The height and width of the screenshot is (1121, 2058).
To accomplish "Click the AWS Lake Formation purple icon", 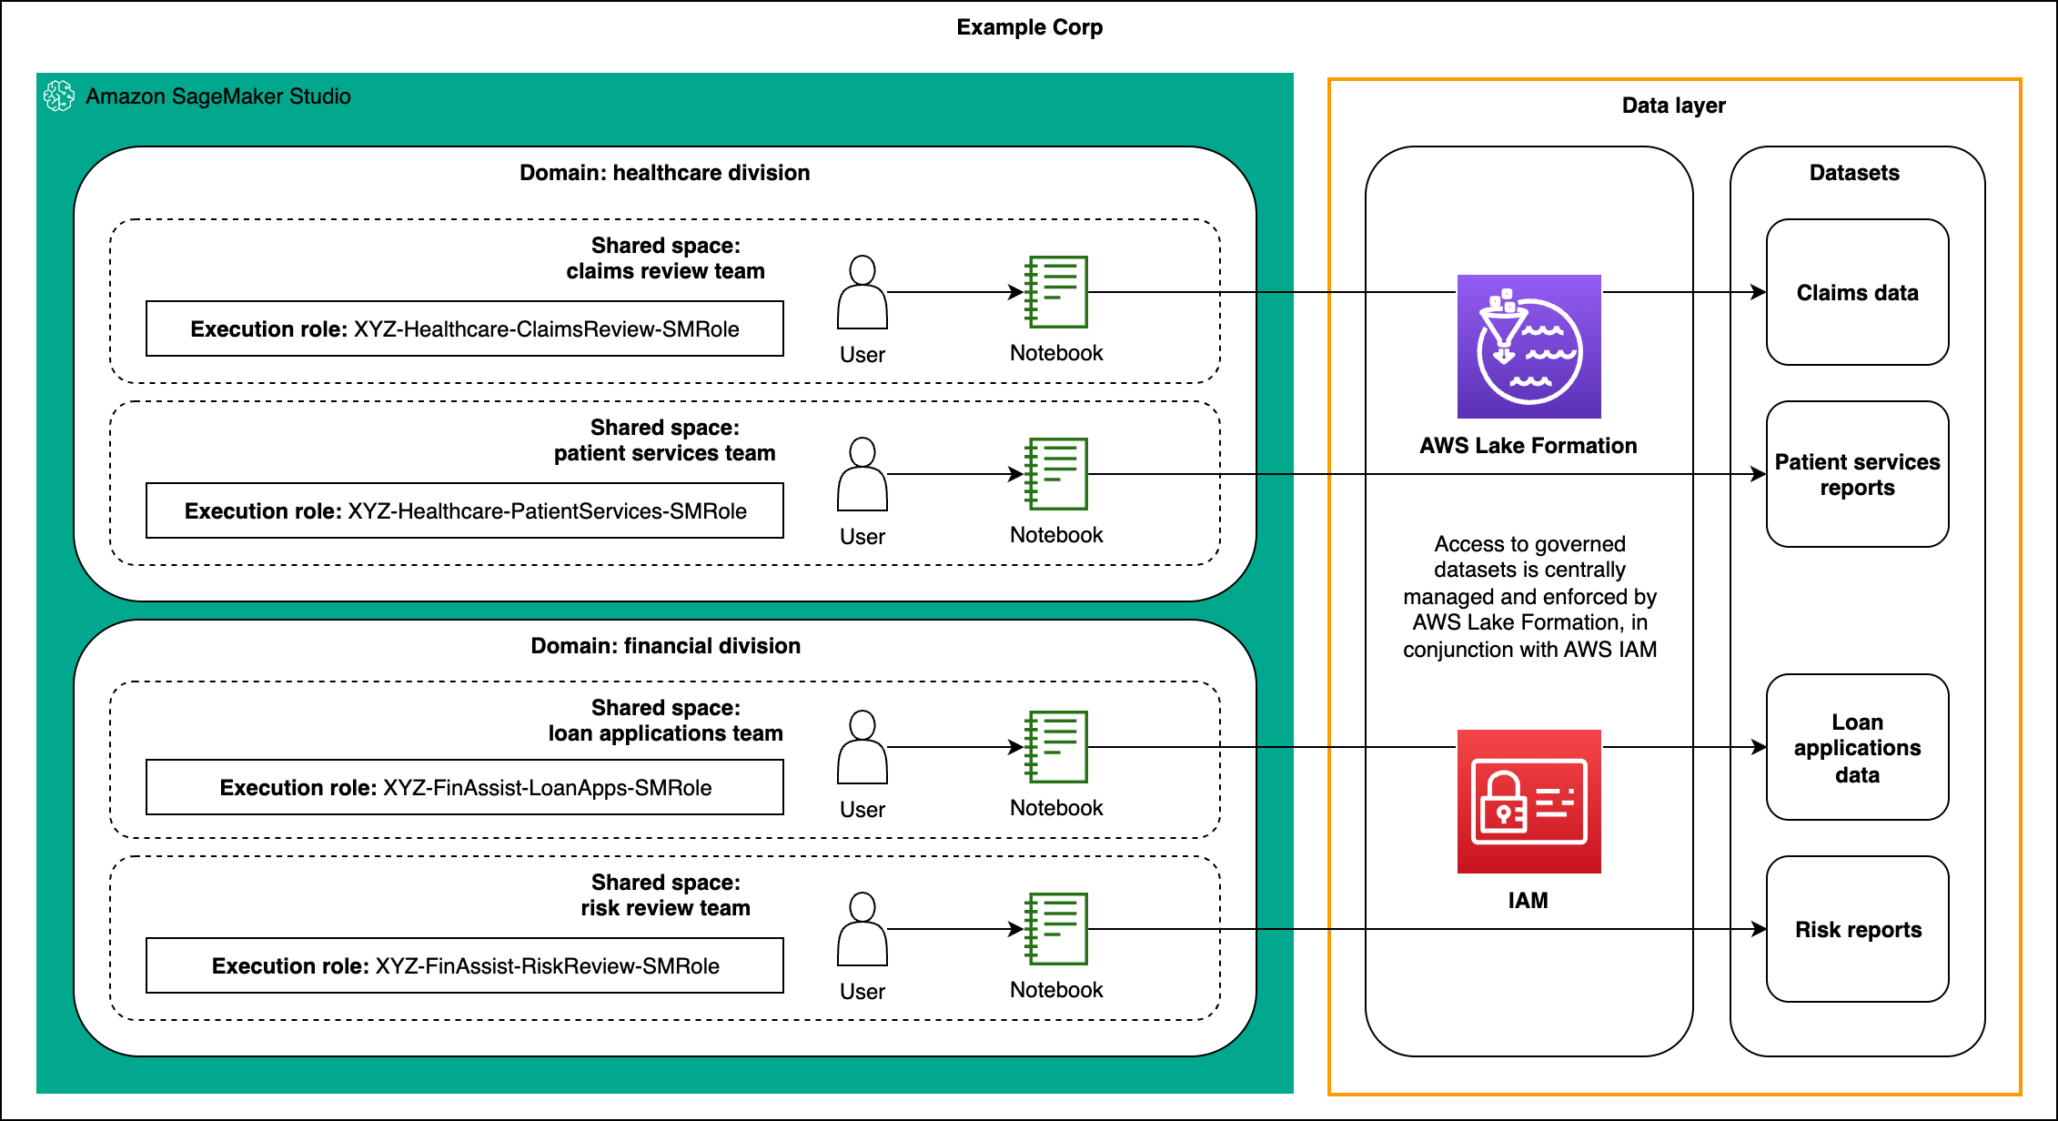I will [x=1528, y=347].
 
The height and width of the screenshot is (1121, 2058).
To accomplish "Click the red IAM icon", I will [x=1528, y=802].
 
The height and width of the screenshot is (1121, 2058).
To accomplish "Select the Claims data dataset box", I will [x=1857, y=292].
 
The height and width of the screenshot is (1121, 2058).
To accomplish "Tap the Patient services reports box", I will [x=1857, y=474].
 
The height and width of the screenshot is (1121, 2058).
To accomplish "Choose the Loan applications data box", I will [x=1857, y=747].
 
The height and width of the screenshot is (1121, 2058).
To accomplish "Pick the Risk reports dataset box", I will [x=1857, y=929].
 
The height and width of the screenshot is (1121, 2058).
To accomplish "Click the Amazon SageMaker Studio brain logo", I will [x=59, y=96].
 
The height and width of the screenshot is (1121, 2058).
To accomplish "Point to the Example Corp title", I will [x=1029, y=27].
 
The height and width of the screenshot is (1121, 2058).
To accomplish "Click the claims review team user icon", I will [x=862, y=292].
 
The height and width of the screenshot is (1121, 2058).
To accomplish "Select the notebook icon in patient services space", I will [x=1056, y=474].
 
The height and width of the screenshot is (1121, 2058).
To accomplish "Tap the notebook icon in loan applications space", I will [x=1056, y=747].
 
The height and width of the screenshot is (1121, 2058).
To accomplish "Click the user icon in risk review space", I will [x=862, y=929].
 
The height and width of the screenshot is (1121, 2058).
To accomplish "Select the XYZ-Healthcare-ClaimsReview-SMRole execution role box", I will [x=464, y=328].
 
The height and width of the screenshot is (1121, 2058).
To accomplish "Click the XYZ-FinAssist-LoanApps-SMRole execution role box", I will [x=464, y=787].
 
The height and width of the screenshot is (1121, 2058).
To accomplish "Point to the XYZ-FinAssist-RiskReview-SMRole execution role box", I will [x=464, y=965].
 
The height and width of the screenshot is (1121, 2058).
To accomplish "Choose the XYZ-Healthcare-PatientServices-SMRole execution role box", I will [x=464, y=510].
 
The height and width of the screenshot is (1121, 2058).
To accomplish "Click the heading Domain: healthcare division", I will [x=664, y=173].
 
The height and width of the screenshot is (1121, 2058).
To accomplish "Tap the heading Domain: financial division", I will [x=665, y=646].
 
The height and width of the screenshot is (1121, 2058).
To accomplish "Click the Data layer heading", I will [x=1673, y=106].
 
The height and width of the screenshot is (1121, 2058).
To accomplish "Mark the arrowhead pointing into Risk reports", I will [x=1758, y=929].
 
